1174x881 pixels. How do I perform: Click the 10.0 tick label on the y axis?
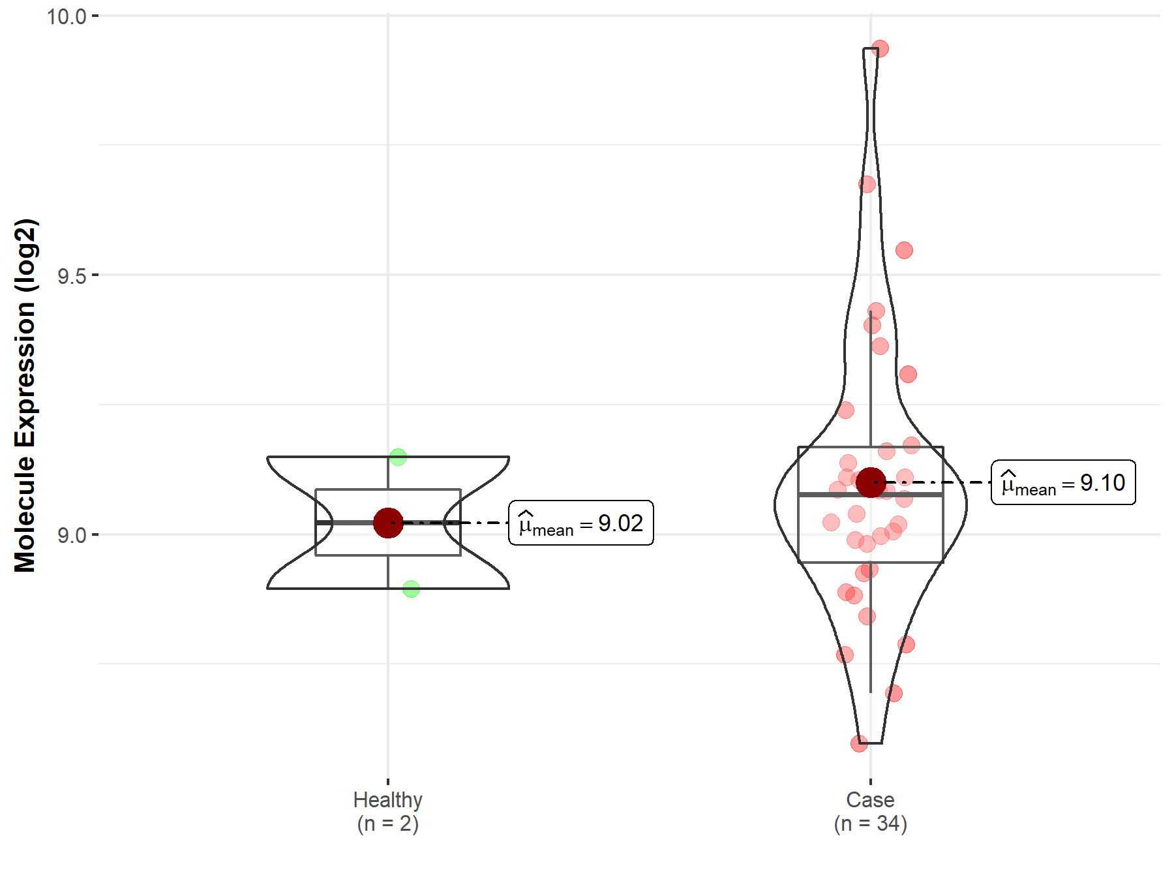click(67, 16)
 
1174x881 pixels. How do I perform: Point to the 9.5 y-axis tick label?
click(72, 276)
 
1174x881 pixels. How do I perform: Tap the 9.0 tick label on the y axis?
click(72, 535)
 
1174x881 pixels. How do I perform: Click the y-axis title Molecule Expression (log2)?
click(25, 395)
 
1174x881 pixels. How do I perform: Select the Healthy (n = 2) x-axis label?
click(388, 811)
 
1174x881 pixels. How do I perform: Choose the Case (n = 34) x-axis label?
click(871, 811)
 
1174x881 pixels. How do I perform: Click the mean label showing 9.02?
click(581, 523)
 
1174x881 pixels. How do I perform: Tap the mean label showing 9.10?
click(1063, 482)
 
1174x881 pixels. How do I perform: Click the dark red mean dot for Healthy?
click(388, 523)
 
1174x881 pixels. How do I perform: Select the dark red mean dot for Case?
click(871, 482)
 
